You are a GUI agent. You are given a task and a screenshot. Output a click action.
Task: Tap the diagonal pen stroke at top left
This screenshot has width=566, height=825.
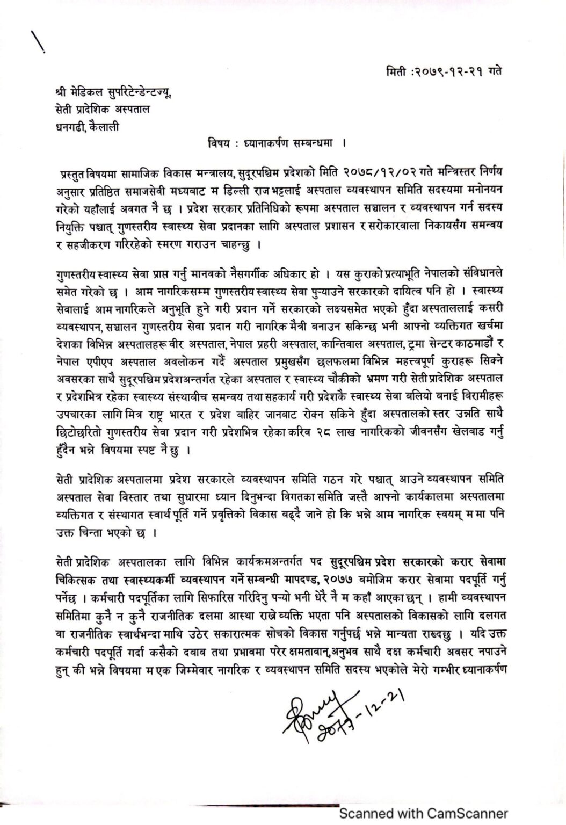[x=38, y=40]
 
